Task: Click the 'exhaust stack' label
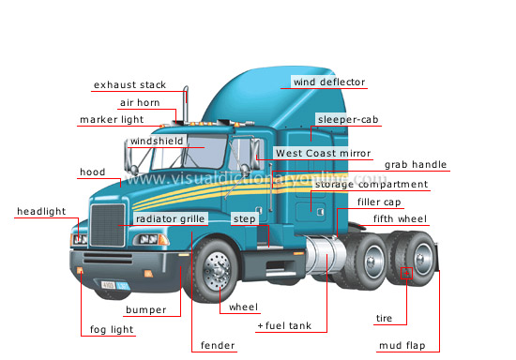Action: pos(129,85)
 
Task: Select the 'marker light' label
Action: pos(111,120)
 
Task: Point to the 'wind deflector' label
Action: pos(328,82)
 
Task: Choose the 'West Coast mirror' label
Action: pos(323,153)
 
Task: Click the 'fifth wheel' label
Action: pos(399,219)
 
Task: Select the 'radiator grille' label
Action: pos(170,218)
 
